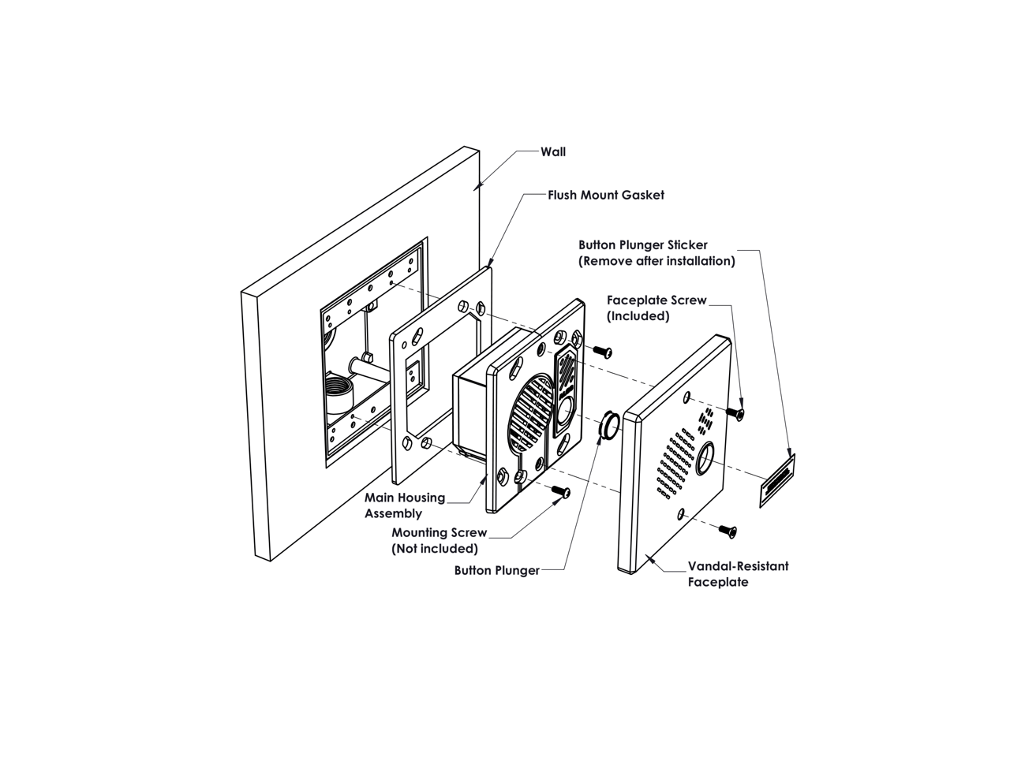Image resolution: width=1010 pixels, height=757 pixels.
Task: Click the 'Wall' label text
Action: (553, 151)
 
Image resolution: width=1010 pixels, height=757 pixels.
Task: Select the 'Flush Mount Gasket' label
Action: (606, 195)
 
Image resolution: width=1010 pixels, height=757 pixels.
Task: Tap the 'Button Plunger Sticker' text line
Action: (643, 245)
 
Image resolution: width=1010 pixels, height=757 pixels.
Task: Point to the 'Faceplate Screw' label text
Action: (656, 300)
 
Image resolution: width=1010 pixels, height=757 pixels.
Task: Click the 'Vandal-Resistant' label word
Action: (738, 566)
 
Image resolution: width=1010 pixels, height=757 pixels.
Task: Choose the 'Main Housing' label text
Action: (405, 498)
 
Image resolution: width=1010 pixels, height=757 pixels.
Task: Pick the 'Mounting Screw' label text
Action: (440, 533)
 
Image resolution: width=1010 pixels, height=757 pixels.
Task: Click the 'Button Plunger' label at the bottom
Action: (497, 571)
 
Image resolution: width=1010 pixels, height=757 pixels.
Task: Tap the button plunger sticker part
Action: (777, 481)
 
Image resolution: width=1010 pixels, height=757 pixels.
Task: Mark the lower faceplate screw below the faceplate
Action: (728, 531)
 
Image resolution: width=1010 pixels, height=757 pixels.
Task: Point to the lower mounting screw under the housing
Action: (560, 491)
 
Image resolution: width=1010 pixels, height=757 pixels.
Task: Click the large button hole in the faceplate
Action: (705, 457)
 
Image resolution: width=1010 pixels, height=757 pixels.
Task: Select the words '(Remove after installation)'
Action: (656, 261)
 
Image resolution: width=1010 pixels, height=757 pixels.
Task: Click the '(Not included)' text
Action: (435, 549)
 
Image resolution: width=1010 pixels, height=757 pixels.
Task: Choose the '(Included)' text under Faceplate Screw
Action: (638, 316)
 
